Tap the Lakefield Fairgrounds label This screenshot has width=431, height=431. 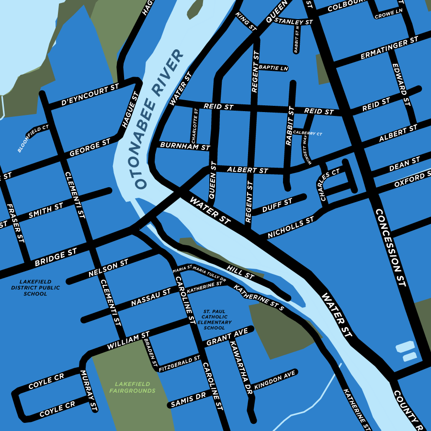click(132, 387)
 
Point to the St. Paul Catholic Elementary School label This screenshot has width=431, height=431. click(214, 319)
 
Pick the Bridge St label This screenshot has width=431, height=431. click(56, 258)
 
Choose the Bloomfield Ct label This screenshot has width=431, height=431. click(33, 139)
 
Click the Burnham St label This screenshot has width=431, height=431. click(185, 145)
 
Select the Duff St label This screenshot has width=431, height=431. click(278, 206)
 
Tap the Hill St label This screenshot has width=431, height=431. click(240, 273)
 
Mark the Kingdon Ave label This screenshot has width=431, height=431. click(275, 381)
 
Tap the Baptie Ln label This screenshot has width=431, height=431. click(273, 68)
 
